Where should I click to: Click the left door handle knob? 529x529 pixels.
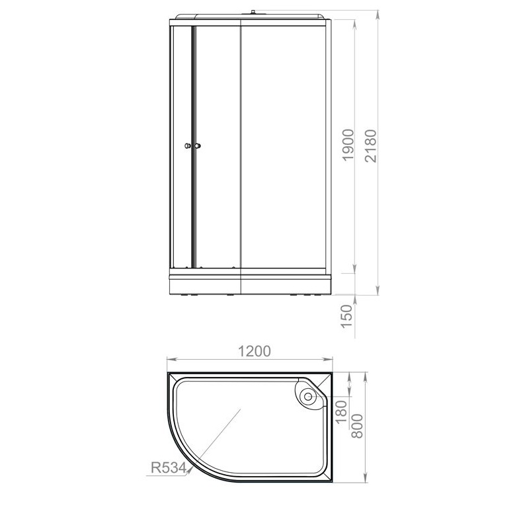point(188,146)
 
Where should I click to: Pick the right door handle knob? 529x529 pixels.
point(197,146)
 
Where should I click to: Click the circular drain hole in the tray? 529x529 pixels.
point(307,397)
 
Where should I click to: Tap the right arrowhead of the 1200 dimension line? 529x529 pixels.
point(331,360)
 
